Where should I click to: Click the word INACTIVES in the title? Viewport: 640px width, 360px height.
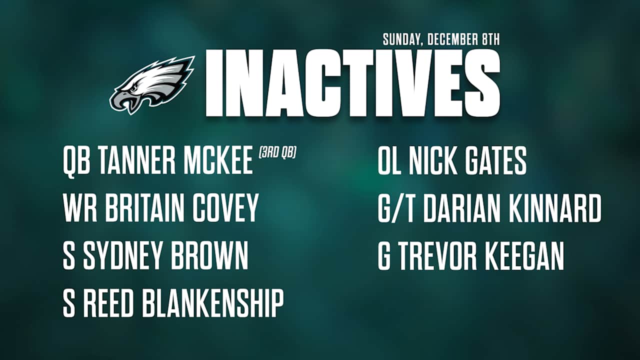pyautogui.click(x=352, y=82)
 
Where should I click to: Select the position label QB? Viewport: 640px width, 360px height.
pyautogui.click(x=76, y=161)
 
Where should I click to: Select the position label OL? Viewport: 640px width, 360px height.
pyautogui.click(x=389, y=161)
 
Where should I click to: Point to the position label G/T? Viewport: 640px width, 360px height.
pyautogui.click(x=397, y=208)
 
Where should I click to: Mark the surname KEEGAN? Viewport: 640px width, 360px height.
pyautogui.click(x=527, y=256)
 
